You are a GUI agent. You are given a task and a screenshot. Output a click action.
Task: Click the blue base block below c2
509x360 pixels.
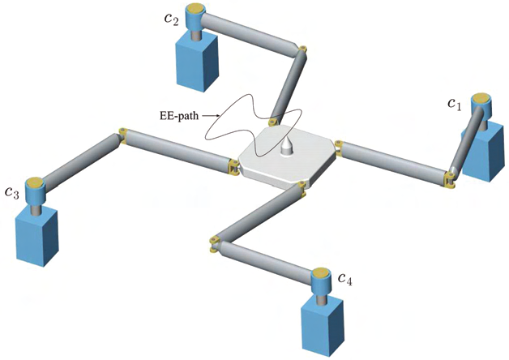[198, 62]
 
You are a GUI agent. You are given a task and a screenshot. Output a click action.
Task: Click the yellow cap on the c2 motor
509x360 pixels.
[196, 10]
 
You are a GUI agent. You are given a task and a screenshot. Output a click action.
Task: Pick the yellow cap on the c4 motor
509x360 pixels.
[323, 272]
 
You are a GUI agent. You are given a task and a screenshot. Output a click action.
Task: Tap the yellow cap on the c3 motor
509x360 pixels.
[35, 182]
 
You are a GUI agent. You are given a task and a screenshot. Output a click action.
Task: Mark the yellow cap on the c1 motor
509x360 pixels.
[482, 99]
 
